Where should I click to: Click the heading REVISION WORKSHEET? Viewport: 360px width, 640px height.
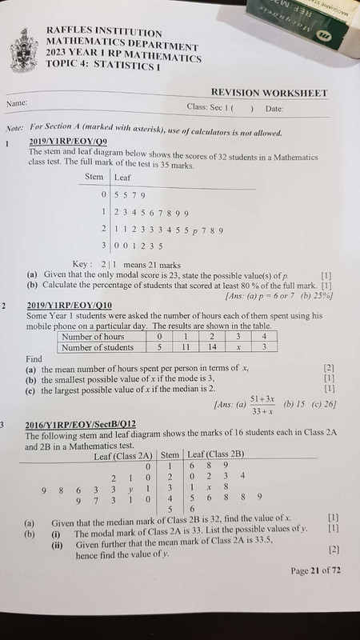coord(270,94)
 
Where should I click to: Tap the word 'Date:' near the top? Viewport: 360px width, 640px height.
coord(274,108)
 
